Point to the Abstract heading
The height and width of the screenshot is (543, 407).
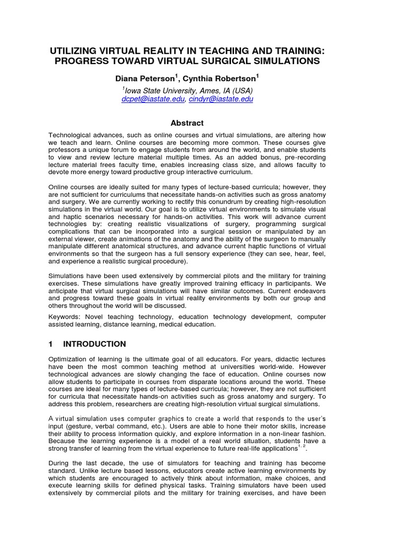[188, 123]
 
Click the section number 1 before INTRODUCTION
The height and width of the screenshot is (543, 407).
[51, 344]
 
